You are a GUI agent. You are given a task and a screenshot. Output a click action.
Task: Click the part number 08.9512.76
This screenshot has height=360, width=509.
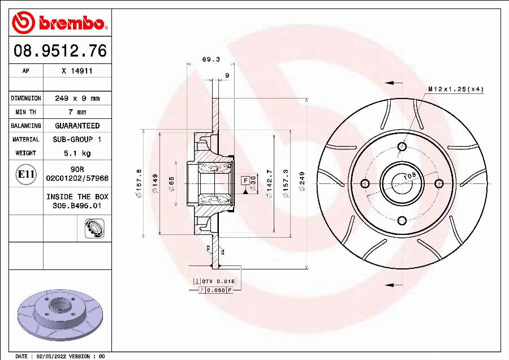pyautogui.click(x=59, y=52)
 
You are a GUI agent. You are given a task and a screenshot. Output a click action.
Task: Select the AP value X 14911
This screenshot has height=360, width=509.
pyautogui.click(x=77, y=71)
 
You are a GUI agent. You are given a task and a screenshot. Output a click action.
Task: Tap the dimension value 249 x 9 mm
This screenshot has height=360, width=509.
pyautogui.click(x=77, y=98)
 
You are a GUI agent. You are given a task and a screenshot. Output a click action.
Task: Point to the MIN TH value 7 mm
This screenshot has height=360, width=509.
pyautogui.click(x=77, y=112)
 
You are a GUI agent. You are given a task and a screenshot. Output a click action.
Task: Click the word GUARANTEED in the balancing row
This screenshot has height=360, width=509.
pyautogui.click(x=77, y=126)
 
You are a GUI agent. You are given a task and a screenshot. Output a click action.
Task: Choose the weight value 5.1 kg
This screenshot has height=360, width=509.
pyautogui.click(x=77, y=153)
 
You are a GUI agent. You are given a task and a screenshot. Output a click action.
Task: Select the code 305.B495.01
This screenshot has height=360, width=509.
pyautogui.click(x=77, y=206)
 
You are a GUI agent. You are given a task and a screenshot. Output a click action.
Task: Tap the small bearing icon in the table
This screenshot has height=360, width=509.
pyautogui.click(x=92, y=229)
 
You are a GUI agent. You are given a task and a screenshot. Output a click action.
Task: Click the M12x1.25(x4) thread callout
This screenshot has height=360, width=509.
pyautogui.click(x=455, y=89)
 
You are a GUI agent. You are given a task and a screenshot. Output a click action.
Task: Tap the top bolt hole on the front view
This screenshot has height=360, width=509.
pyautogui.click(x=402, y=147)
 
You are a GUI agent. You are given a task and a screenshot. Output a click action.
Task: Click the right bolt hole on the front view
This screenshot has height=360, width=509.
pyautogui.click(x=438, y=183)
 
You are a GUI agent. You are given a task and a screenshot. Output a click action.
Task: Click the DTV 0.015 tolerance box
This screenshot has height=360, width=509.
pyautogui.click(x=217, y=281)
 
